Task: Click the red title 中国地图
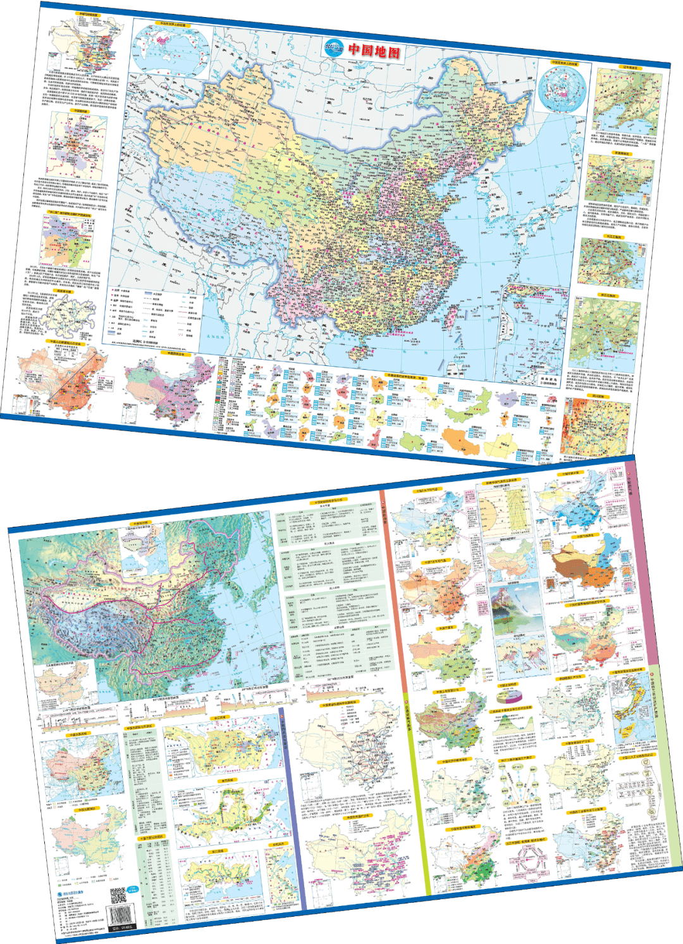tap(375, 51)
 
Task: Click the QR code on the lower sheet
tap(118, 896)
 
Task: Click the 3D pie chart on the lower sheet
tap(508, 696)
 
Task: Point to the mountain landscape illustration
tap(516, 608)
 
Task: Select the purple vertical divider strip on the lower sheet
tap(291, 810)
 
